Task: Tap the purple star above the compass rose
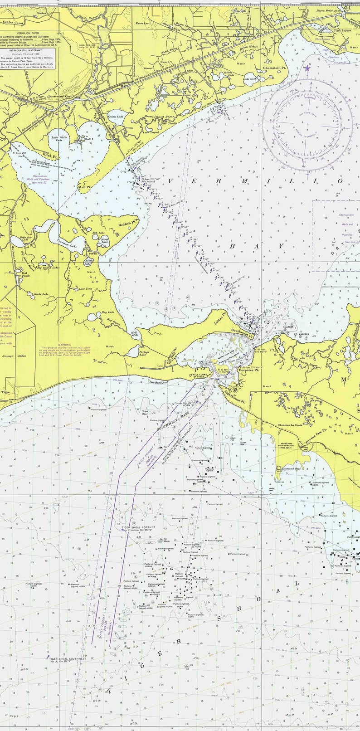click(307, 68)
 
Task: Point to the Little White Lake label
click(59, 139)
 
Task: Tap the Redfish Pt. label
click(127, 224)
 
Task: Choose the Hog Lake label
click(107, 312)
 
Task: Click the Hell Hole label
click(134, 333)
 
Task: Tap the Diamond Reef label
click(292, 469)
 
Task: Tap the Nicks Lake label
click(41, 294)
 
